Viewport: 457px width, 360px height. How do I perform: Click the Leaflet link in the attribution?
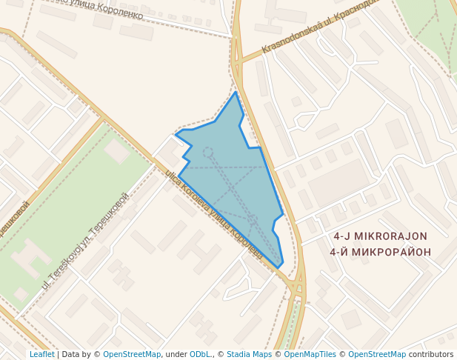click(x=41, y=354)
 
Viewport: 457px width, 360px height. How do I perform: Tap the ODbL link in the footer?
click(x=199, y=354)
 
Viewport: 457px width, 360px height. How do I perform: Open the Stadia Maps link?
click(x=249, y=354)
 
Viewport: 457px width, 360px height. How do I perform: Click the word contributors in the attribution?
click(x=431, y=354)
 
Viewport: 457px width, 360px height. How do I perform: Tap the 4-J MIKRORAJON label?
click(x=380, y=236)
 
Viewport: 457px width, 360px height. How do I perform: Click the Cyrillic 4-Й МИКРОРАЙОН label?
click(x=380, y=251)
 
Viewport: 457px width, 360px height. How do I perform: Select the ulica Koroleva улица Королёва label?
click(x=214, y=216)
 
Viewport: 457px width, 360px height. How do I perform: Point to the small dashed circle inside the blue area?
click(x=208, y=152)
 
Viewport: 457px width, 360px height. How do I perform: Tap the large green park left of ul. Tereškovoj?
click(x=74, y=215)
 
